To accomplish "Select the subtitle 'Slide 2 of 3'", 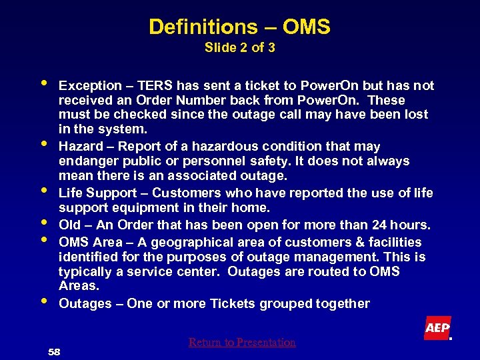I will point(240,48).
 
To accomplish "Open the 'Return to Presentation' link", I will point(241,342).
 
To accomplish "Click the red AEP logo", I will point(437,327).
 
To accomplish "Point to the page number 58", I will point(54,351).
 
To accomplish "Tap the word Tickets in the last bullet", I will point(233,303).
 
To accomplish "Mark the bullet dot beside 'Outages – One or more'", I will point(43,300).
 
